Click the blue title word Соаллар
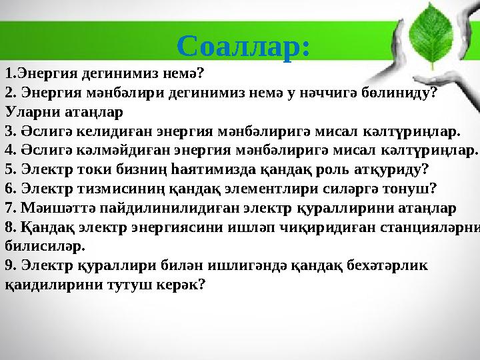pos(243,45)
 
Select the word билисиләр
pos(45,245)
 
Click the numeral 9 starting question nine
pos(8,265)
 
